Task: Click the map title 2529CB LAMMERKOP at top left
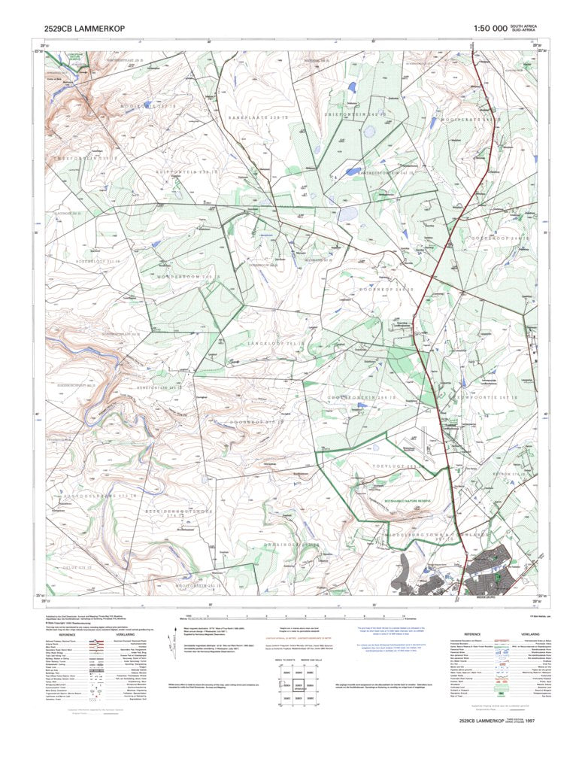tap(85, 29)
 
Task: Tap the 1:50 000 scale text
tap(490, 29)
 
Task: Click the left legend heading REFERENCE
tap(62, 635)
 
